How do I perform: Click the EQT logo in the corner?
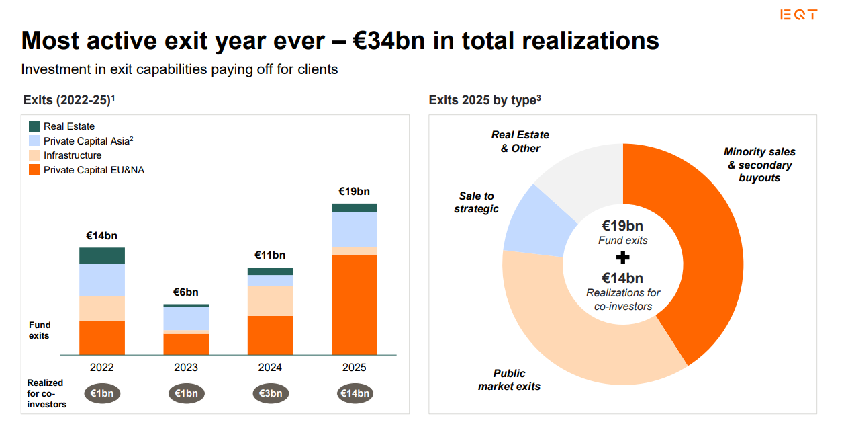[x=799, y=15]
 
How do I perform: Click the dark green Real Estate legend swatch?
[x=35, y=126]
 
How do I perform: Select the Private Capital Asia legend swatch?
[x=35, y=141]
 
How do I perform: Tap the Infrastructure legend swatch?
[x=35, y=155]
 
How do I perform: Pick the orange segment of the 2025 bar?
[x=354, y=304]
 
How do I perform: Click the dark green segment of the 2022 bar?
[x=102, y=255]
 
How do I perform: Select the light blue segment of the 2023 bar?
[x=186, y=318]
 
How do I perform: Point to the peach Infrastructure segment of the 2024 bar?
[x=270, y=300]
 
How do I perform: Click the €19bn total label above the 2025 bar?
[x=354, y=192]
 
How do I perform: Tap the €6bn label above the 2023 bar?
[x=186, y=292]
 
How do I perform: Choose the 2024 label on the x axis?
[x=270, y=368]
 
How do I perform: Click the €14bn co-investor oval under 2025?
[x=355, y=393]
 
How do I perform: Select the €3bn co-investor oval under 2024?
[x=271, y=393]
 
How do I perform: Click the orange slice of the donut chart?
[x=705, y=255]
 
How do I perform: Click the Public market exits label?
[x=509, y=380]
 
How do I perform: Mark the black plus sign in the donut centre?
[x=622, y=258]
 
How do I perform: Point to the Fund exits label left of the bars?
[x=40, y=330]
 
